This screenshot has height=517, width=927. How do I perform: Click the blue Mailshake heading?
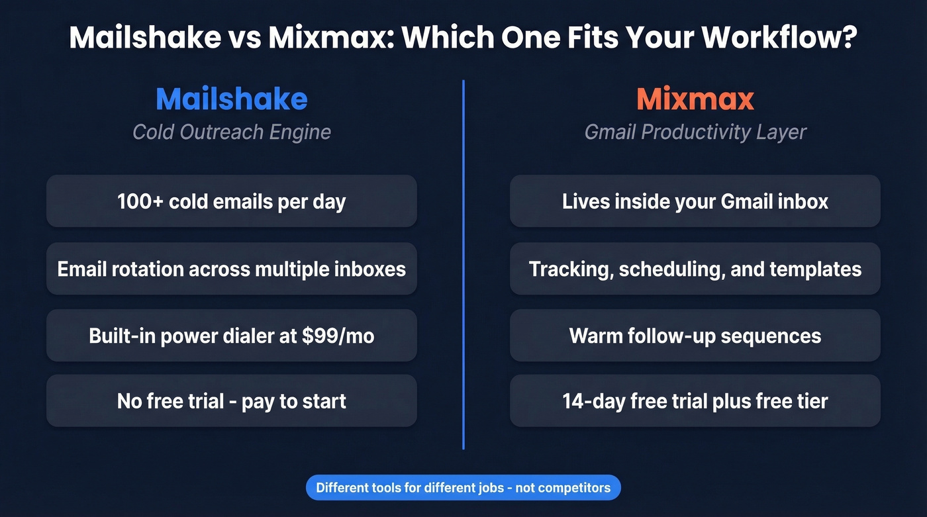[x=232, y=99]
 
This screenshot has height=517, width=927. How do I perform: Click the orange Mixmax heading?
[x=695, y=99]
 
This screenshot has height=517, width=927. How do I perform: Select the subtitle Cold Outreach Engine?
[x=232, y=132]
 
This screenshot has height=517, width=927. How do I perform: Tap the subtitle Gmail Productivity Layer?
[x=695, y=132]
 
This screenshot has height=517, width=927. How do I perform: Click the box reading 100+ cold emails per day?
[x=232, y=201]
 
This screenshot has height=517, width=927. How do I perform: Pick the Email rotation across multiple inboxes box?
[x=232, y=269]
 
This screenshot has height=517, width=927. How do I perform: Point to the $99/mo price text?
[x=338, y=336]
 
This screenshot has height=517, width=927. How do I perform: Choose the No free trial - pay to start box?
[x=232, y=401]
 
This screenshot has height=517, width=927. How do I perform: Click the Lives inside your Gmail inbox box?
[x=695, y=201]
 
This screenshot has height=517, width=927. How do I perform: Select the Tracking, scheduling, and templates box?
[x=695, y=269]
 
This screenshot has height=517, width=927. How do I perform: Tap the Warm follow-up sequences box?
[x=695, y=336]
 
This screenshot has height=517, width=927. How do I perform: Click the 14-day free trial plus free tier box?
[x=695, y=401]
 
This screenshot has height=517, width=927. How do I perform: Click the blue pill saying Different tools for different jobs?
[x=463, y=489]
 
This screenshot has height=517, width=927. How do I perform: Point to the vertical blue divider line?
[x=463, y=265]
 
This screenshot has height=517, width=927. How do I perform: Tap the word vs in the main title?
[x=245, y=38]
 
